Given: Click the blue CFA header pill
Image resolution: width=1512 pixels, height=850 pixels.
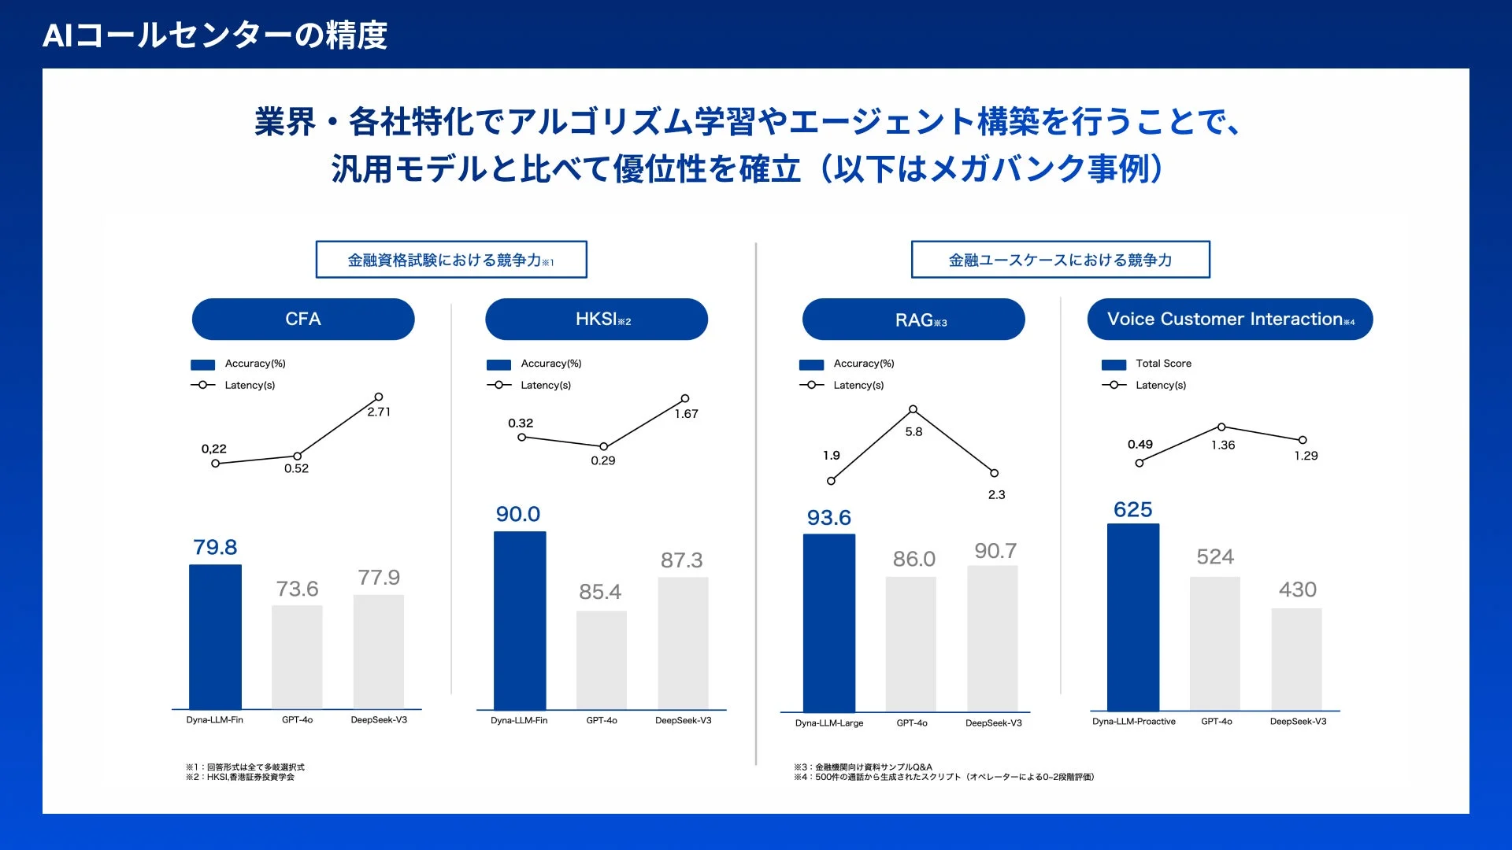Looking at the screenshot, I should (303, 319).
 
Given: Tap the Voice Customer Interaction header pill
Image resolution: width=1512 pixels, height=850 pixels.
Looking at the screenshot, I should (1229, 319).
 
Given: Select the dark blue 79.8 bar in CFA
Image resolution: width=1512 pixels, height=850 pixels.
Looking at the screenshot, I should (215, 636).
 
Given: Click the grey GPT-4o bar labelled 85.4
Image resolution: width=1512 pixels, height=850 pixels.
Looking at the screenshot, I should (601, 660).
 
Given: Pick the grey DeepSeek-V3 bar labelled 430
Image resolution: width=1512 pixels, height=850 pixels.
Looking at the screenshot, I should (1296, 659).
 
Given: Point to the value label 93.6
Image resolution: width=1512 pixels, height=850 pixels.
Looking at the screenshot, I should (828, 518).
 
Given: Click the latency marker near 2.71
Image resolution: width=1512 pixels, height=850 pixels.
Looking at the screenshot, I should (379, 397).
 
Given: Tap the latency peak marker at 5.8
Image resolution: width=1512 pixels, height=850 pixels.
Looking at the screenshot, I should (913, 409).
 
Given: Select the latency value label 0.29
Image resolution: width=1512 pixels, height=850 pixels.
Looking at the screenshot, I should (603, 460).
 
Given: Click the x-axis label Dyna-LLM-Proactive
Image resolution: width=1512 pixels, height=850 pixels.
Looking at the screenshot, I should (1133, 722).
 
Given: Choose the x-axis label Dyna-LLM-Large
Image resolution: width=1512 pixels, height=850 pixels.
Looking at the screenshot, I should (828, 723).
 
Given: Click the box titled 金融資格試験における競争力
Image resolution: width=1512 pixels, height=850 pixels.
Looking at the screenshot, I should (451, 260).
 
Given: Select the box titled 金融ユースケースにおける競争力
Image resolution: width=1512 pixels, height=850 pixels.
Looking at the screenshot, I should (1060, 260).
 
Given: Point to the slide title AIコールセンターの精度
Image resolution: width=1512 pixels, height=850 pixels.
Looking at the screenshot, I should (214, 35).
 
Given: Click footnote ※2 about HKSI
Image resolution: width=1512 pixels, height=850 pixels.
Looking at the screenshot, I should (240, 778).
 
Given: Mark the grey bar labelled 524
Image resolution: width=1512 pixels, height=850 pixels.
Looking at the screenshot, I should (1214, 643).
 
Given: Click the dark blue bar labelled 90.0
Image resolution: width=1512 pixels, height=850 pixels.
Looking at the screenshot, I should (520, 620).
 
